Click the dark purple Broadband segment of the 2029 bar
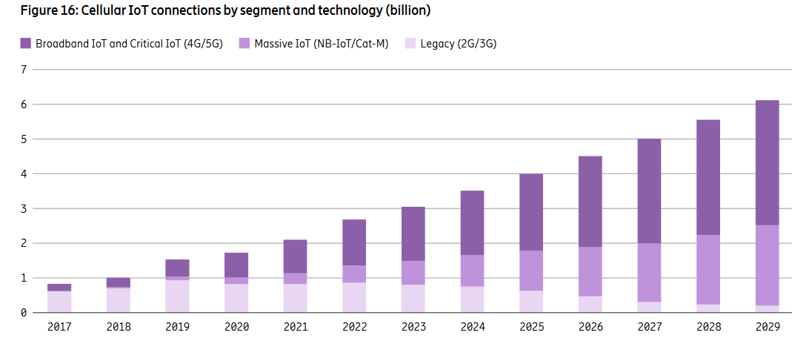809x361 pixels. (x=767, y=162)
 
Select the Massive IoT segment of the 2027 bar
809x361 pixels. (x=648, y=272)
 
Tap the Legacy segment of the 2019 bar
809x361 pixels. (x=177, y=296)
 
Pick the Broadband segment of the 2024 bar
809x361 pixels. (x=472, y=222)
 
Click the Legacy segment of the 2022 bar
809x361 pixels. (x=354, y=297)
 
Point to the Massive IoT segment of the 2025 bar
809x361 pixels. (x=530, y=271)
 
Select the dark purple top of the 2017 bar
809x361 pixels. (x=59, y=288)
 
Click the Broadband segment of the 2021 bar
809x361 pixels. (x=295, y=256)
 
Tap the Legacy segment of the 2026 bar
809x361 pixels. (x=590, y=304)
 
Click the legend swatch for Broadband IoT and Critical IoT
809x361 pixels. (x=26, y=44)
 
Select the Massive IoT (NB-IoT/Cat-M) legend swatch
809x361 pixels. (x=244, y=44)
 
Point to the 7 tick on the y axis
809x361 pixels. (x=23, y=70)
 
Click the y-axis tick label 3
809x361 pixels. (x=23, y=208)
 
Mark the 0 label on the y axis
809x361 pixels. (x=23, y=313)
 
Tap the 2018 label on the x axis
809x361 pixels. (x=118, y=328)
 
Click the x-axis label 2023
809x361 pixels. (x=413, y=328)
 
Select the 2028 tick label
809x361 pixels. (x=708, y=328)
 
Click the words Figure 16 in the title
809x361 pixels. (x=36, y=10)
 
